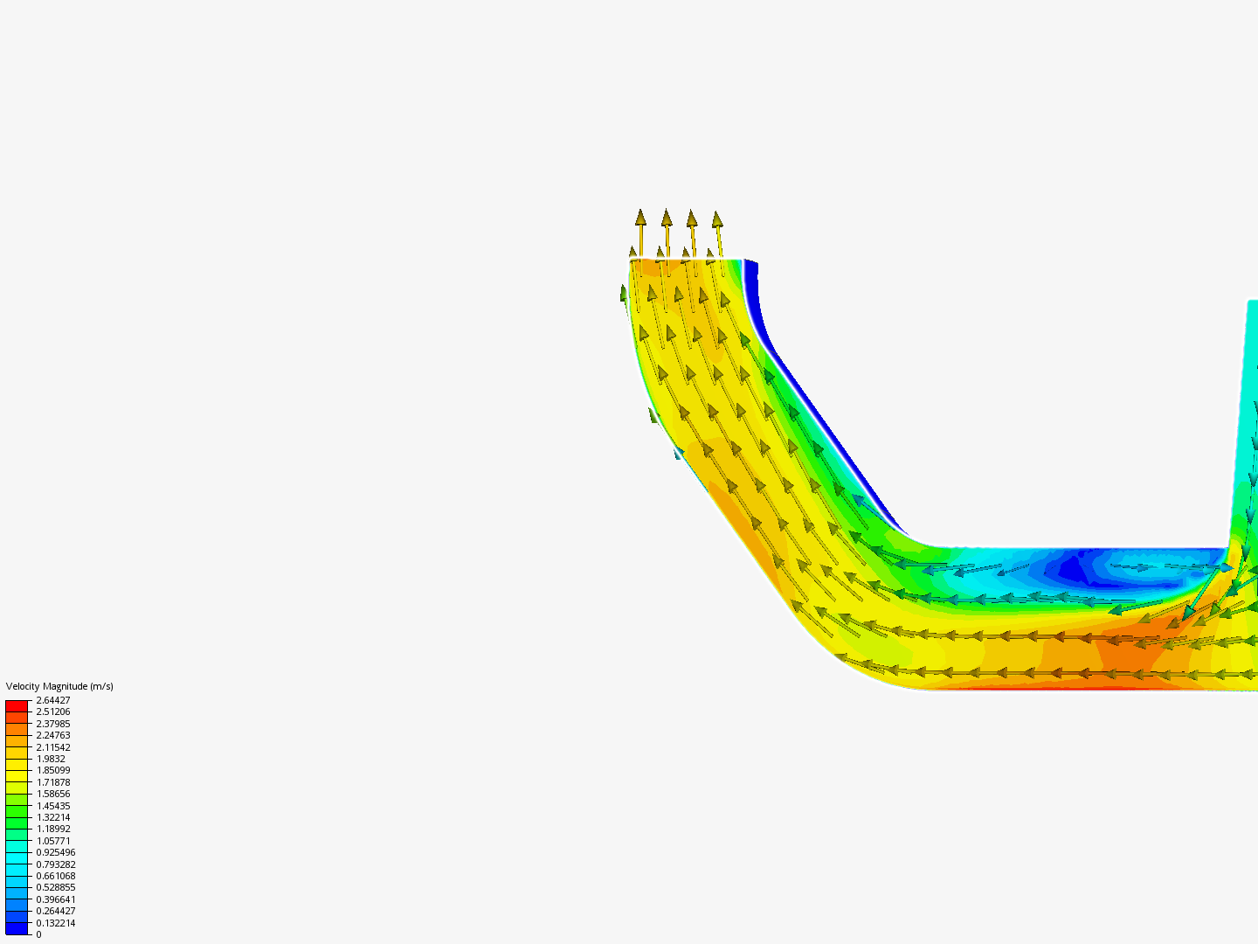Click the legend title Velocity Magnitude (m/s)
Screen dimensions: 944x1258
pyautogui.click(x=59, y=686)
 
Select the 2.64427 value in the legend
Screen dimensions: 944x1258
pyautogui.click(x=53, y=700)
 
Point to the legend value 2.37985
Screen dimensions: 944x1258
pyautogui.click(x=53, y=724)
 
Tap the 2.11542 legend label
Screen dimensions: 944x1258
pyautogui.click(x=53, y=747)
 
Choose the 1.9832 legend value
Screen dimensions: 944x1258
pyautogui.click(x=51, y=759)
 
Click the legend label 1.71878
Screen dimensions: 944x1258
pyautogui.click(x=53, y=782)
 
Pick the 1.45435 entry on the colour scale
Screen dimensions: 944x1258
pyautogui.click(x=53, y=806)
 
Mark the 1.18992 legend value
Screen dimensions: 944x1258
pyautogui.click(x=53, y=829)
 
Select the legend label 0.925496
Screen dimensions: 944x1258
pyautogui.click(x=56, y=852)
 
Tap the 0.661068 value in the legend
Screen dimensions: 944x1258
pyautogui.click(x=56, y=876)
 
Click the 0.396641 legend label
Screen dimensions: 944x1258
pyautogui.click(x=56, y=899)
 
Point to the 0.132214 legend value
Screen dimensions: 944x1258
pyautogui.click(x=56, y=923)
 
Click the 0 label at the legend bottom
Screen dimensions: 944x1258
pyautogui.click(x=38, y=934)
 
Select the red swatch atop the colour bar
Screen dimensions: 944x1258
pyautogui.click(x=17, y=705)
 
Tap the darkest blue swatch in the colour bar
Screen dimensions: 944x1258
pyautogui.click(x=17, y=928)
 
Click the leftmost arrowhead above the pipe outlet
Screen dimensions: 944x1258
pyautogui.click(x=640, y=218)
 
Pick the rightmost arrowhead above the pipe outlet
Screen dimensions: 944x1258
pyautogui.click(x=717, y=219)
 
